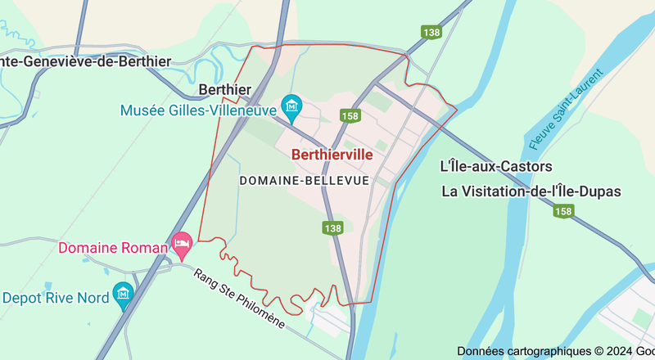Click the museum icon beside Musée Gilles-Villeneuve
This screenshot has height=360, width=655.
291,106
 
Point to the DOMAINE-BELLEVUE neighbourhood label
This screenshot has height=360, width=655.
304,179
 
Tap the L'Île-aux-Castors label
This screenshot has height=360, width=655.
496,166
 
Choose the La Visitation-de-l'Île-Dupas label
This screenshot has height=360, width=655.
531,191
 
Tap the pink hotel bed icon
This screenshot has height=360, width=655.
182,243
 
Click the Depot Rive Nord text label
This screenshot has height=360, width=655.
56,298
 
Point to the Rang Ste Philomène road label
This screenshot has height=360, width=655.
239,299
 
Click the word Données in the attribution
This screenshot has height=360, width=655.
481,350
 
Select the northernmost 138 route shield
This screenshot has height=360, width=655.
432,31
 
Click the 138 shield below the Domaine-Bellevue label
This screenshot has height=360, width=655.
332,228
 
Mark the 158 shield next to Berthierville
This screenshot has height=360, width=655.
351,116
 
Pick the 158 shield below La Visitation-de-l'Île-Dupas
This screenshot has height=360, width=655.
562,212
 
